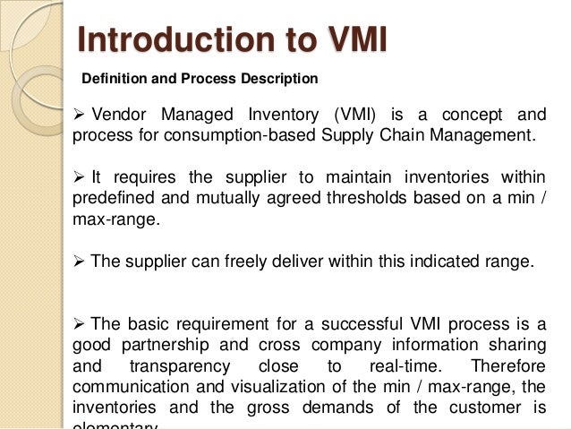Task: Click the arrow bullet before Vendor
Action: point(77,116)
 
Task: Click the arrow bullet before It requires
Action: point(77,176)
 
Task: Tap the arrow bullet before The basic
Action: point(77,323)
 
